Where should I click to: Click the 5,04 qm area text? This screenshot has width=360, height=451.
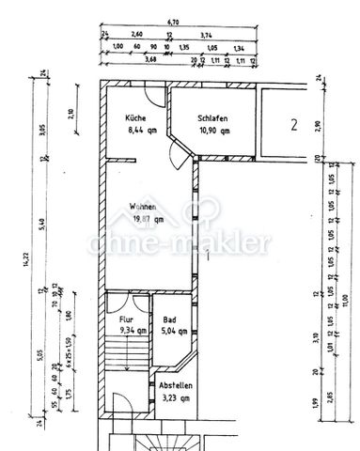tap(175, 331)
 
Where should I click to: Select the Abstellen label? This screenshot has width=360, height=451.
tap(176, 387)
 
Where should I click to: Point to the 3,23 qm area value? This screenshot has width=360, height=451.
tap(176, 398)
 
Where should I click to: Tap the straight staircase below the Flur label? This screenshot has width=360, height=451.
tap(126, 355)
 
